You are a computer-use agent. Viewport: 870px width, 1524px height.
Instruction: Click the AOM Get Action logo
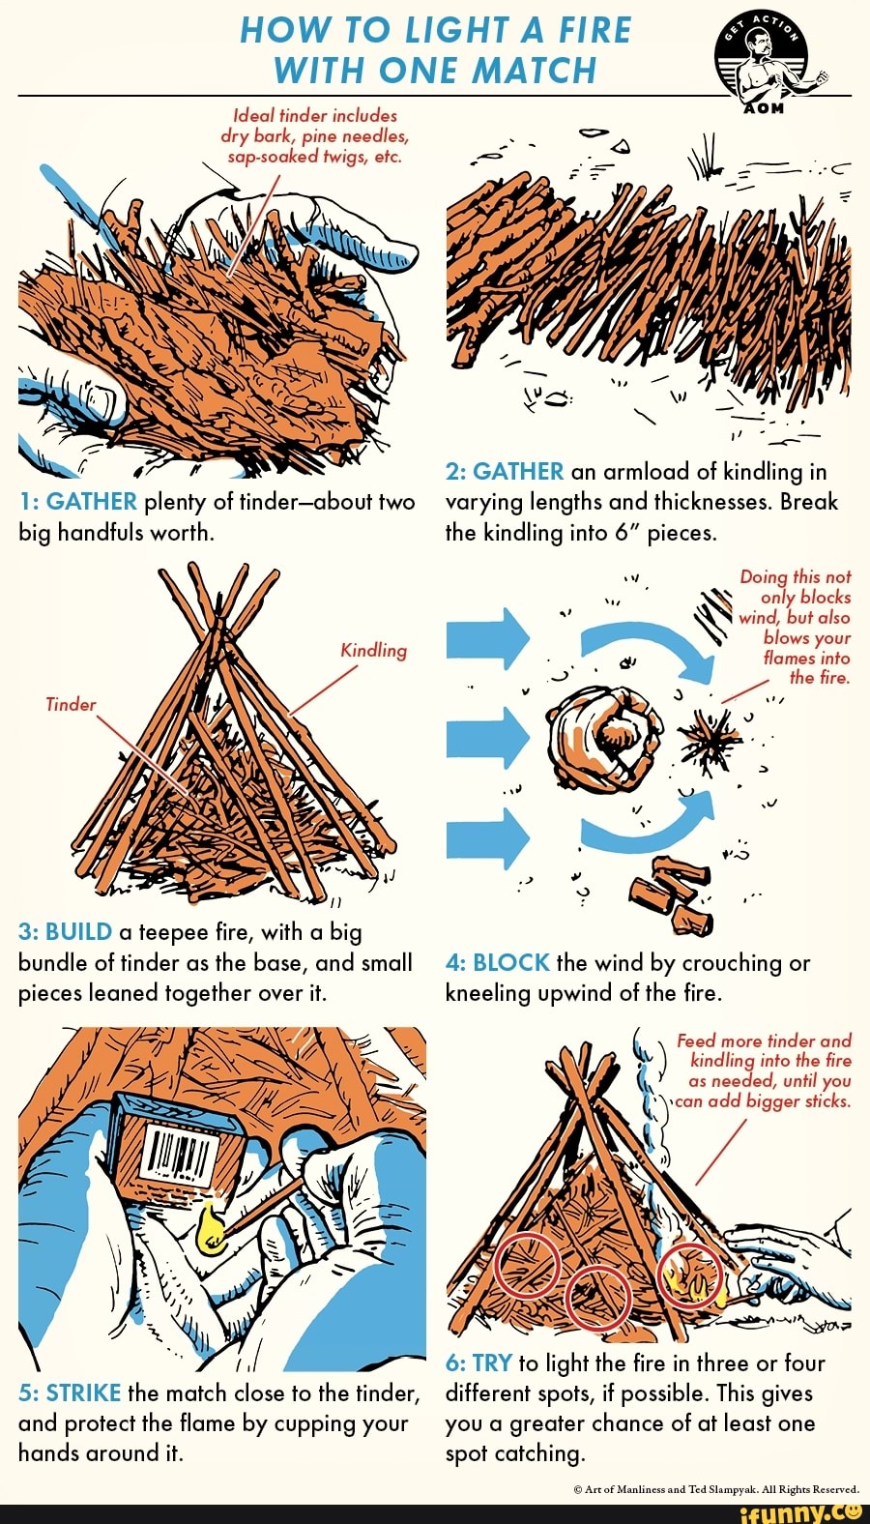click(769, 61)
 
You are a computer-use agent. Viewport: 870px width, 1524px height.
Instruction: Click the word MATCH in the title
click(535, 71)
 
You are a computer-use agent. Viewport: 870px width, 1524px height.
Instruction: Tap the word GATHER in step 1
click(92, 501)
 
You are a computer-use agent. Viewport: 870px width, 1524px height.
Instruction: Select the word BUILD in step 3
click(79, 931)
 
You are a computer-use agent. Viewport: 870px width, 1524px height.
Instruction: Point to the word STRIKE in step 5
click(83, 1392)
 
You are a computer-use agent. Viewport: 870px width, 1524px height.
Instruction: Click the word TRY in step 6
click(492, 1363)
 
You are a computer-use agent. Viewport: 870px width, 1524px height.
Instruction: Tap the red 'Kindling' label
click(373, 650)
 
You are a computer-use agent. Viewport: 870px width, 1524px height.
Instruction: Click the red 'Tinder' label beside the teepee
click(71, 704)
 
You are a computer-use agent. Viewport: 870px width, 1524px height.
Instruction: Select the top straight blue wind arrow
click(488, 638)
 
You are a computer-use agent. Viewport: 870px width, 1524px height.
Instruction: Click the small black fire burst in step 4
click(713, 742)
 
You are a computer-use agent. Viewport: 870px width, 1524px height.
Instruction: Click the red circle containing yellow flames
click(690, 1274)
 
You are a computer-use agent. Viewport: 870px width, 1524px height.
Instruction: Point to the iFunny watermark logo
click(798, 1511)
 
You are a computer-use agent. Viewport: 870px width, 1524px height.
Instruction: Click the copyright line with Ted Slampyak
click(715, 1489)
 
